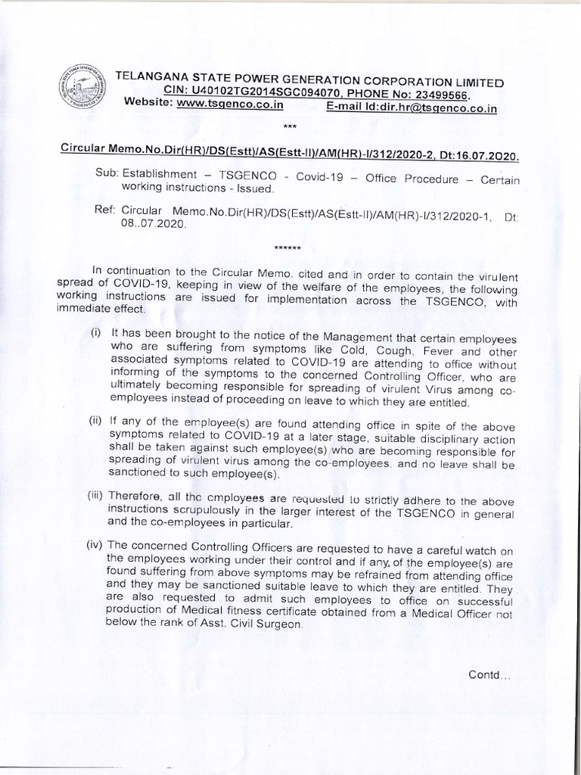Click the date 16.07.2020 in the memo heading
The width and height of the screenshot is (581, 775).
click(487, 156)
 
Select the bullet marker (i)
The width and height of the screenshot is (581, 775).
click(97, 332)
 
